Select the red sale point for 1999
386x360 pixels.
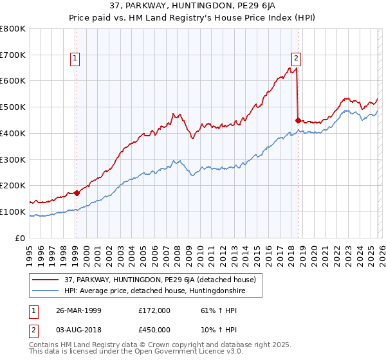point(77,192)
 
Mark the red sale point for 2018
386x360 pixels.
point(297,120)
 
